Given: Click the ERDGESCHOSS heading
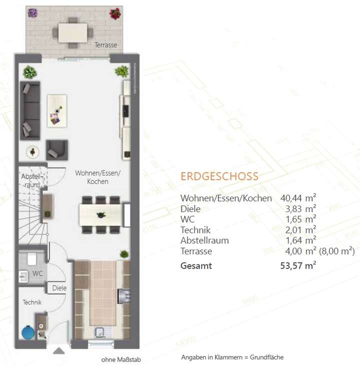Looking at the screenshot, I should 219,176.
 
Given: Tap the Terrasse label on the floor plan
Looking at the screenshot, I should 106,45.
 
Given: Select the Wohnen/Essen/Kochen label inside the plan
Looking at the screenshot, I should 98,177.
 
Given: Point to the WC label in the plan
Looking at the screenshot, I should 37,274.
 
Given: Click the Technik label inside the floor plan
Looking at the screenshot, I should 31,302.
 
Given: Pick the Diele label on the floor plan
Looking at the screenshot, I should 59,288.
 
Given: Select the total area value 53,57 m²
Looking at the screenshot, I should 298,265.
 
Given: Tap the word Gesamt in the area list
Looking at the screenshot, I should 196,266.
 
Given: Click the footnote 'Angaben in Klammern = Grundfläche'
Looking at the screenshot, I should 232,357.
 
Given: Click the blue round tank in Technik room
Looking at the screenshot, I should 26,332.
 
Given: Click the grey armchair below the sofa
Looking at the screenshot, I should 56,149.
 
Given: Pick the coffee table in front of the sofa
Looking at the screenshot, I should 56,110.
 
